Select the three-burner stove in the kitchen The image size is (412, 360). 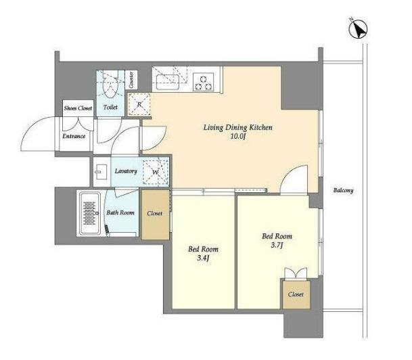203,82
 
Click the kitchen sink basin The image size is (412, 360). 167,82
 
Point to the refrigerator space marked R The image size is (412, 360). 139,105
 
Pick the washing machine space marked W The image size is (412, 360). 156,172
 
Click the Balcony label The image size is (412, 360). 343,190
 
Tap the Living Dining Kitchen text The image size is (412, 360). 237,128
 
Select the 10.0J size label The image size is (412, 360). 237,137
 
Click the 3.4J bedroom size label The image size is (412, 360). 203,258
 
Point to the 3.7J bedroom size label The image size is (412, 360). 277,246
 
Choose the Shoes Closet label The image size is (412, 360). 78,108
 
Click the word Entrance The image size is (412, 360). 74,136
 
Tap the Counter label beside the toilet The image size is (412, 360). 131,80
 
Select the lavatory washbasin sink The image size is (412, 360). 100,172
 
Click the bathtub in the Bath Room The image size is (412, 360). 90,213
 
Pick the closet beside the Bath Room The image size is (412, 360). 155,214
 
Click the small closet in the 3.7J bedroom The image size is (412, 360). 296,294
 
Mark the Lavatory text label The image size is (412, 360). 126,171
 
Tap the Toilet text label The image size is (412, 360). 110,107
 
